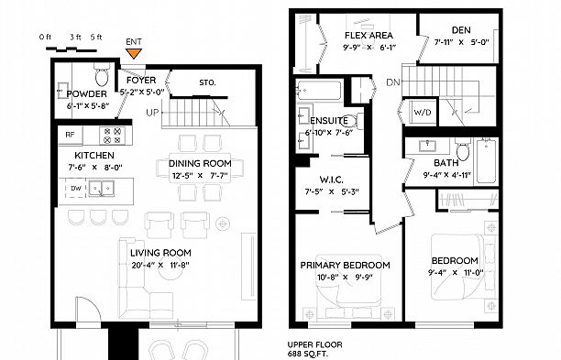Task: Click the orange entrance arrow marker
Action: (134, 53)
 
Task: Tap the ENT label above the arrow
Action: (134, 41)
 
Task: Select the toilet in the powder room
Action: (102, 72)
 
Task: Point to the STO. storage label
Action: (206, 83)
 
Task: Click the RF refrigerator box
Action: (70, 136)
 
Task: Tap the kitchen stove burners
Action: (112, 136)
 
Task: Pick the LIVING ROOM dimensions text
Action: (160, 266)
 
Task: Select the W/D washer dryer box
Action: (423, 114)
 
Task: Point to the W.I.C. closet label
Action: (331, 179)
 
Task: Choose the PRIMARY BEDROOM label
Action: (345, 265)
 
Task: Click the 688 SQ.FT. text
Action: (308, 354)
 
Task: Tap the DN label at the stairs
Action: (392, 82)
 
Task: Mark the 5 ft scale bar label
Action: (97, 37)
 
